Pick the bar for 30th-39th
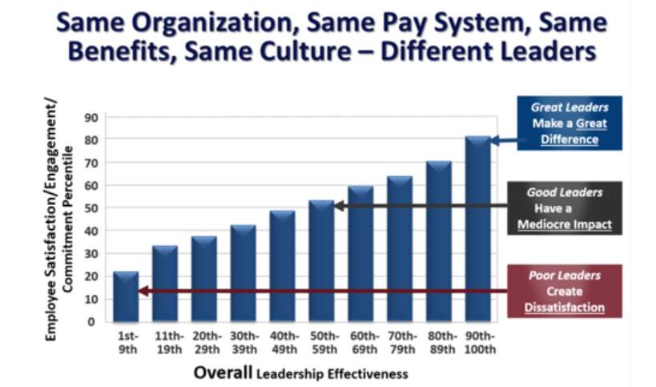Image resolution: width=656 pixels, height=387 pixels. [243, 273]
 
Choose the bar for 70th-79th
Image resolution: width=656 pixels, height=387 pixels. [400, 249]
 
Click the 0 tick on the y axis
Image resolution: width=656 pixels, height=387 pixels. [95, 322]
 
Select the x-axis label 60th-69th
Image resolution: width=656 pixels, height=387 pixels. [360, 343]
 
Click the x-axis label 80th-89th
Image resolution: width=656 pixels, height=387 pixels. [438, 343]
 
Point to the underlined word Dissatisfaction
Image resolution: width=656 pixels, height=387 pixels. [565, 307]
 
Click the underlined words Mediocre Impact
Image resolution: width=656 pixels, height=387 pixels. [565, 224]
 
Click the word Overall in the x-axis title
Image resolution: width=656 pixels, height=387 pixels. [222, 373]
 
